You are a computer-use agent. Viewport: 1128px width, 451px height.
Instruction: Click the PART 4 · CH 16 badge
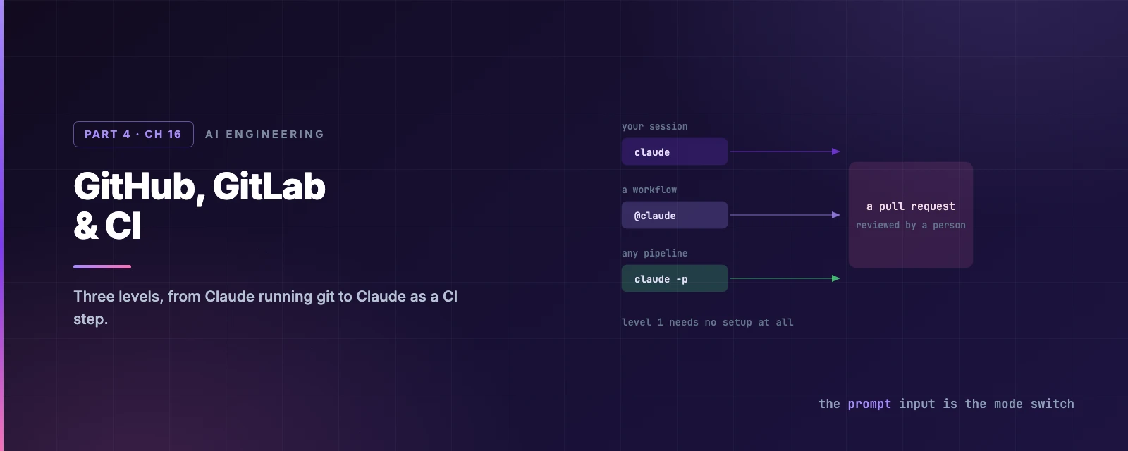coord(133,135)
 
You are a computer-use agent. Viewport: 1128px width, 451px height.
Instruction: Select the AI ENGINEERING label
coord(265,135)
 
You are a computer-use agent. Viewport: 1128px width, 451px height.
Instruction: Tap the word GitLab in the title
coord(269,187)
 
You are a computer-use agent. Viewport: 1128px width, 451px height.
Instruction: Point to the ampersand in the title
coord(85,225)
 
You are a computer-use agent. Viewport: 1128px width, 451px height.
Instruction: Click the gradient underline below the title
coord(102,267)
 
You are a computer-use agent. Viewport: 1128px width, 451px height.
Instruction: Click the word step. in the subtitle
coord(91,319)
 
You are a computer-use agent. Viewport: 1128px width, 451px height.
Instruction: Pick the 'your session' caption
coord(655,126)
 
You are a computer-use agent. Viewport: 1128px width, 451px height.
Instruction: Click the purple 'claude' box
coord(675,152)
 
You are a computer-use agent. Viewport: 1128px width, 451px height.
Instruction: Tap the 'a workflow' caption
coord(649,190)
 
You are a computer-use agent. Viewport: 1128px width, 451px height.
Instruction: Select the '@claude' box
coord(675,215)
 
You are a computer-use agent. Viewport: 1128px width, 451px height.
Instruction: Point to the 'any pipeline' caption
coord(655,253)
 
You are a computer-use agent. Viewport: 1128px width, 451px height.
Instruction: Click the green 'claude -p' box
coord(675,278)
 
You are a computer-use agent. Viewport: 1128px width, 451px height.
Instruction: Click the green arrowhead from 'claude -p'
coord(836,278)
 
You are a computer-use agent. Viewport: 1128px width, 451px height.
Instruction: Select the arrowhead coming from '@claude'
coord(836,215)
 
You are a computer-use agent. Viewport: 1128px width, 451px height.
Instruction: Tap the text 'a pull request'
coord(910,206)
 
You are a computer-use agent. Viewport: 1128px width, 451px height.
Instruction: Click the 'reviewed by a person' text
coord(910,225)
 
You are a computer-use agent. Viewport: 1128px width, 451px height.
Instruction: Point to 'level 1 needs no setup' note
coord(708,322)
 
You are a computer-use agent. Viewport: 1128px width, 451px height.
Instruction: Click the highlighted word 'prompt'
coord(869,404)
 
